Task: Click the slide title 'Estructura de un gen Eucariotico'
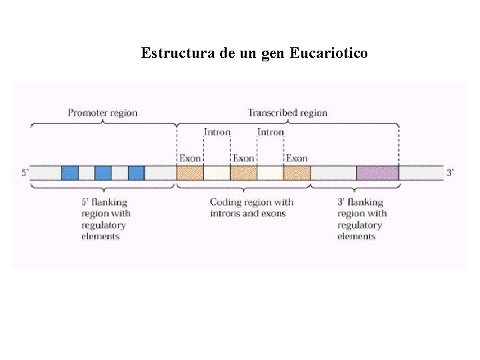[254, 53]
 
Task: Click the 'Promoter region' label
[103, 113]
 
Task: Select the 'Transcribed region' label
[287, 113]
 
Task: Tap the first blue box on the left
[70, 173]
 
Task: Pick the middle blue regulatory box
[103, 173]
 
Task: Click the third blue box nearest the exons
[136, 173]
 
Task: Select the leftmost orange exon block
[190, 173]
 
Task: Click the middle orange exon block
[243, 173]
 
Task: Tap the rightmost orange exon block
[297, 173]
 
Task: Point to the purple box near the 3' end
[377, 173]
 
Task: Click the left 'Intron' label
[217, 132]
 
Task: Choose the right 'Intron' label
[271, 132]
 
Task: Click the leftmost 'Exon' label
[190, 158]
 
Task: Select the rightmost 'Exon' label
[297, 158]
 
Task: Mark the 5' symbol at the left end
[25, 173]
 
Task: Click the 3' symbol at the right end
[450, 173]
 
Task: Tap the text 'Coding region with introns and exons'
[251, 207]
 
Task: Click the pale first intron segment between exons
[217, 173]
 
